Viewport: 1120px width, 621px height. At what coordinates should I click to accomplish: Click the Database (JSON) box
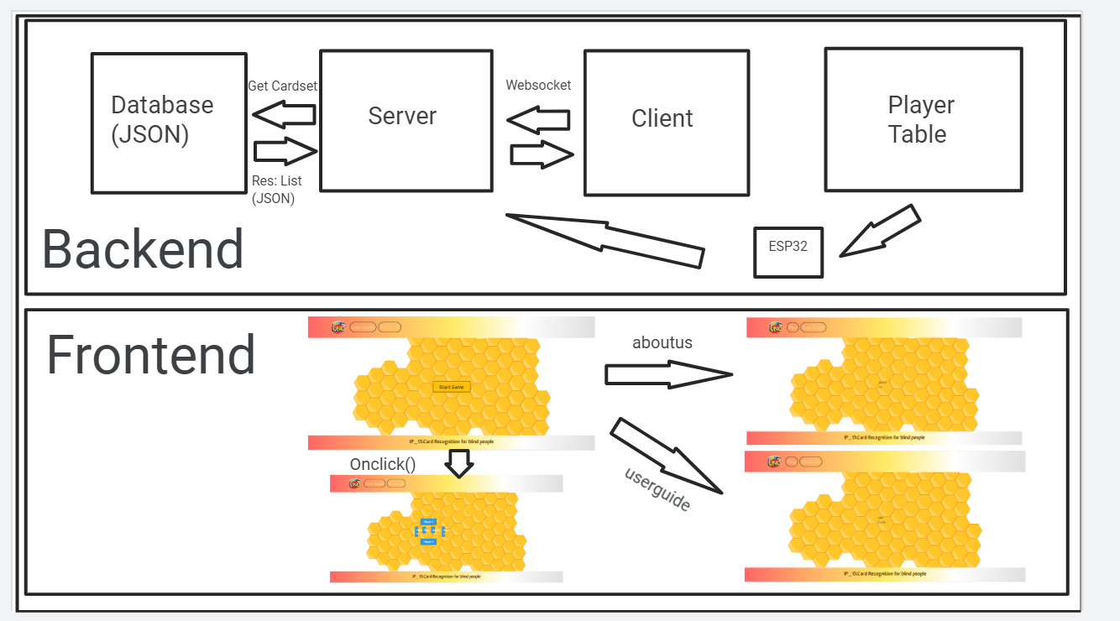(169, 123)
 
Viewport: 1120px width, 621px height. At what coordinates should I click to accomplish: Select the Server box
(406, 121)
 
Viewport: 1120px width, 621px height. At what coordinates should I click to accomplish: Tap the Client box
(666, 123)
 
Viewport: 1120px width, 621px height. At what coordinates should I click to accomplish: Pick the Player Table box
(923, 119)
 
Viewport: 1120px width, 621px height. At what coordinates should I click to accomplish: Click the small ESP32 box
(788, 252)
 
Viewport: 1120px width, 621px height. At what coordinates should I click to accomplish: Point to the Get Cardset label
(282, 86)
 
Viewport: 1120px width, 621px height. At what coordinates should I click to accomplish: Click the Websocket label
(538, 85)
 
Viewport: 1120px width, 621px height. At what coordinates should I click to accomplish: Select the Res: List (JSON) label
(276, 190)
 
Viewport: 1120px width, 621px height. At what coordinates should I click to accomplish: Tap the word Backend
(143, 249)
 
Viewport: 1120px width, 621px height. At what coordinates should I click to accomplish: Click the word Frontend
(150, 354)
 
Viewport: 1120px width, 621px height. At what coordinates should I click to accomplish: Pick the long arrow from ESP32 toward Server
(605, 238)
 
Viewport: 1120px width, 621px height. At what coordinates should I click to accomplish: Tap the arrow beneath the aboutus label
(667, 374)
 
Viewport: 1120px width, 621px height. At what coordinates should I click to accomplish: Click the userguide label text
(657, 489)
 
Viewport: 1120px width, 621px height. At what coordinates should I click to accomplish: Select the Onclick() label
(383, 464)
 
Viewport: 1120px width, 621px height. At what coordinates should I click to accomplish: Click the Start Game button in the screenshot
(451, 387)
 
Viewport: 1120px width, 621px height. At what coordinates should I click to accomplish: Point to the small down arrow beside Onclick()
(458, 463)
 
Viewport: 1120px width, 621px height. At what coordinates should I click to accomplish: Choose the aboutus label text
(662, 342)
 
